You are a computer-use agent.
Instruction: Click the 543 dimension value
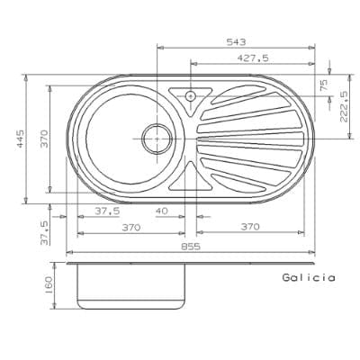pos(236,42)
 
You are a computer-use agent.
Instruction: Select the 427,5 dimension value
pos(253,58)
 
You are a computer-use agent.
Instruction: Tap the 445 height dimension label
pos(20,139)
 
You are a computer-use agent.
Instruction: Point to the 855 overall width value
pos(191,247)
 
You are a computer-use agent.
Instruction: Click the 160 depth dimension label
pos(49,285)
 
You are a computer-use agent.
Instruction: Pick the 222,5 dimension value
pos(344,107)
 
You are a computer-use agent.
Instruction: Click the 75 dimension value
pos(324,85)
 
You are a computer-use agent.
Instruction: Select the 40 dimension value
pos(162,211)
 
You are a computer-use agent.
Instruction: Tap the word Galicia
pos(309,277)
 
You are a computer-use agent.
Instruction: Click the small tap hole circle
pos(190,96)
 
